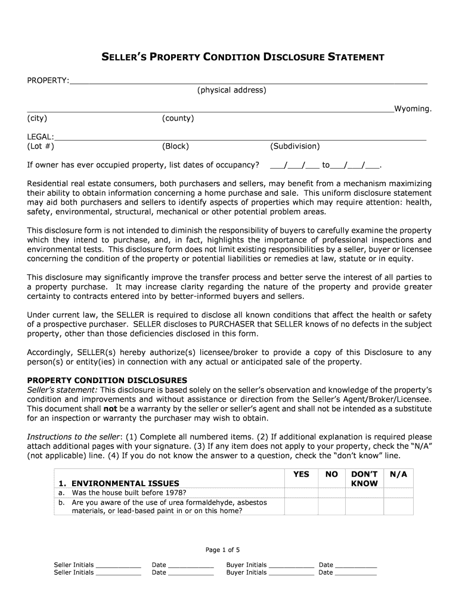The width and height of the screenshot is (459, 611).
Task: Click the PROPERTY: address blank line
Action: (248, 82)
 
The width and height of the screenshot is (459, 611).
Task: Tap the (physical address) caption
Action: (232, 90)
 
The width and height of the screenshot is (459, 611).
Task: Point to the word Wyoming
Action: (413, 109)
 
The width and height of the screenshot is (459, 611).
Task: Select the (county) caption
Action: (178, 118)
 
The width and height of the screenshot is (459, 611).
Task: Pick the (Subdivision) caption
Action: (294, 146)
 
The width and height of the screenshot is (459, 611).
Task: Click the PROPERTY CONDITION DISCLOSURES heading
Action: (107, 380)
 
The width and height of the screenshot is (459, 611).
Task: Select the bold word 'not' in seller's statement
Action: (110, 408)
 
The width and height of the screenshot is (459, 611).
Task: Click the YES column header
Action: (301, 474)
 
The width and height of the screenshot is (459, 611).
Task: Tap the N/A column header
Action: (398, 474)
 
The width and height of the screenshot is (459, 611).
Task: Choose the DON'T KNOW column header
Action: (364, 479)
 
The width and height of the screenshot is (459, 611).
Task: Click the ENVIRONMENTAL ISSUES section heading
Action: (125, 483)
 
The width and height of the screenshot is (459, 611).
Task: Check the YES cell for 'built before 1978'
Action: (301, 492)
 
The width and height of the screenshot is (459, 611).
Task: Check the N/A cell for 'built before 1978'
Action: (398, 492)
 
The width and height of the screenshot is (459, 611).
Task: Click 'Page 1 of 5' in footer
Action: (222, 550)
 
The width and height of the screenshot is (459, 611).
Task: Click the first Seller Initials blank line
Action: (118, 566)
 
